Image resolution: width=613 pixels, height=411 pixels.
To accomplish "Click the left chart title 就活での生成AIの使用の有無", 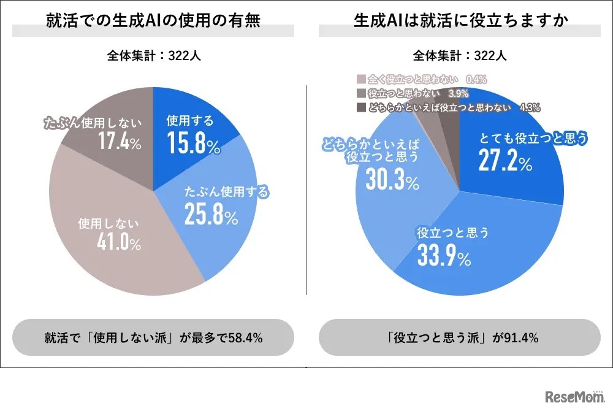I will (153, 20).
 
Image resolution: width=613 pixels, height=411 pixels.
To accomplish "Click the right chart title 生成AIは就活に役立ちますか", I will (459, 20).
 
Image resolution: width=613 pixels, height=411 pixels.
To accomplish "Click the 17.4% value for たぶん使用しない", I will (120, 143).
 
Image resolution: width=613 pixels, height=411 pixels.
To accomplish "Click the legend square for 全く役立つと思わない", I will (360, 79).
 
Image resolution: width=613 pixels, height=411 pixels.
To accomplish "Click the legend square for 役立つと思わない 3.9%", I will (360, 93).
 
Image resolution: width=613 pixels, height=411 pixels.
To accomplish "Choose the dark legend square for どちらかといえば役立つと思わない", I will (360, 107).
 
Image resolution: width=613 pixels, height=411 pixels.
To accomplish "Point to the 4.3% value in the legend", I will (529, 107).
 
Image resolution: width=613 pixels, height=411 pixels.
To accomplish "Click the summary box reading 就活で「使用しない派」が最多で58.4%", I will (153, 337).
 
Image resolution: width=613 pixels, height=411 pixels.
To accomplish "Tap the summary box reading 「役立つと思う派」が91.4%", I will (459, 337).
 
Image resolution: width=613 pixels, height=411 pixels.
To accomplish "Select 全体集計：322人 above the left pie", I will (153, 56).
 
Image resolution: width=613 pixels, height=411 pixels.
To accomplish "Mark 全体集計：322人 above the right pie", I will (459, 56).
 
